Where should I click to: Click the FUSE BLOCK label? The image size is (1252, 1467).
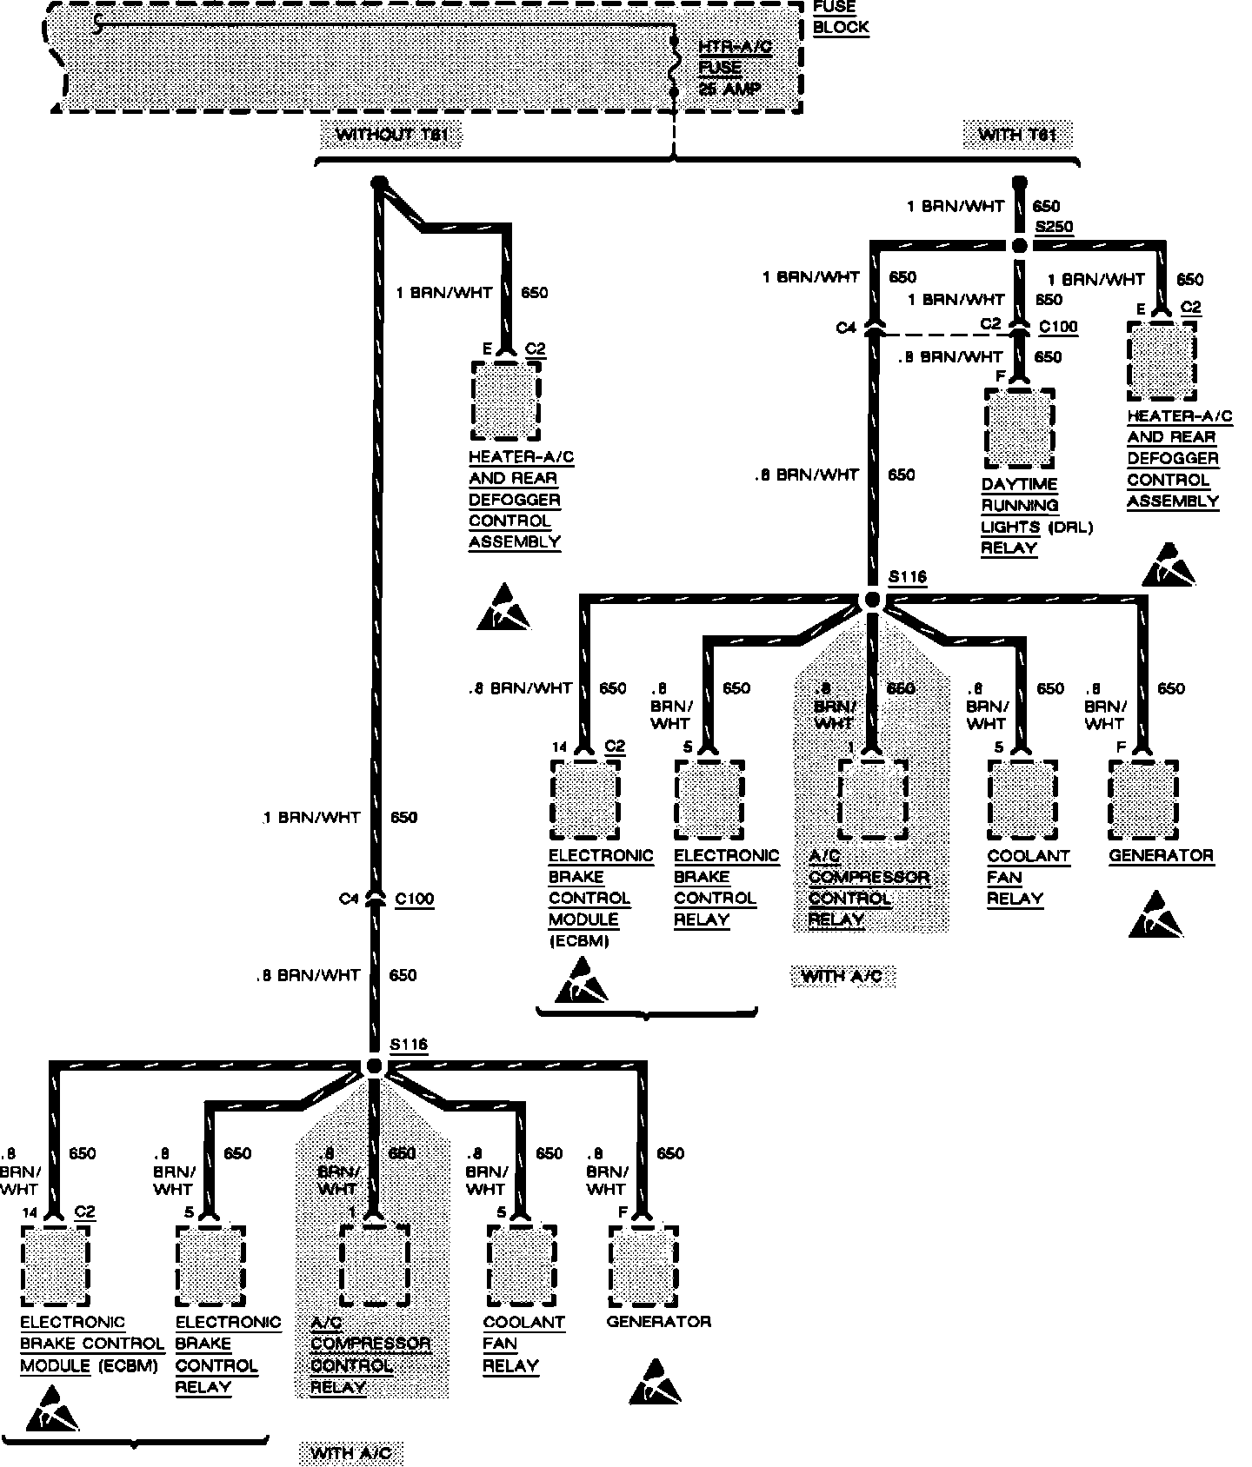point(840,17)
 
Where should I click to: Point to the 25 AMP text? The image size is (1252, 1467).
point(729,89)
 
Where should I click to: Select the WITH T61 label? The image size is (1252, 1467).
point(1016,135)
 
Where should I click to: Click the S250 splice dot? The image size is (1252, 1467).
point(1020,246)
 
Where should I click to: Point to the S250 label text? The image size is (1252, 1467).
point(1054,228)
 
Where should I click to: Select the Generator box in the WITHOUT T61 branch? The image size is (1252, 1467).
point(644,1265)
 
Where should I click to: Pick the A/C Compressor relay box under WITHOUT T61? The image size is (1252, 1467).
point(375,1265)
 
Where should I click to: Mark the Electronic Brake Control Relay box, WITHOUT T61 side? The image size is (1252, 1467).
point(210,1265)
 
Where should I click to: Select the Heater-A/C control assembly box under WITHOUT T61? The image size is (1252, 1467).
point(505,402)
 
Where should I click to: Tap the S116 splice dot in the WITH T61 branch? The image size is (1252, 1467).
point(873,601)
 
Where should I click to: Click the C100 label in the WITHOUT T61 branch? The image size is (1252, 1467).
point(414,899)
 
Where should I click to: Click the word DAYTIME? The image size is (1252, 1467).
point(1019,485)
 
